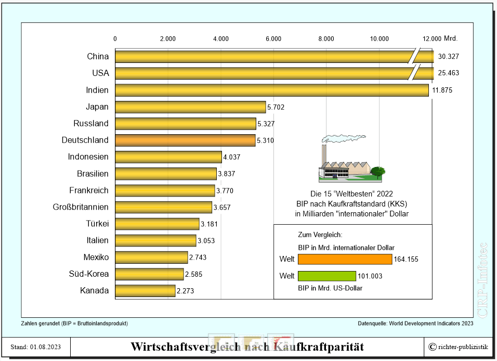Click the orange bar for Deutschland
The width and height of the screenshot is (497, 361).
185,140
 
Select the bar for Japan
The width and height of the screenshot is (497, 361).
190,107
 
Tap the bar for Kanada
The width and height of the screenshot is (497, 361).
145,290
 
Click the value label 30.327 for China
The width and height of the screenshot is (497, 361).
448,56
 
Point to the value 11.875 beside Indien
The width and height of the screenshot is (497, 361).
442,90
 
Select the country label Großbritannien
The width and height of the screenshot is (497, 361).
81,207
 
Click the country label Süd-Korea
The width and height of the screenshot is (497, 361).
89,274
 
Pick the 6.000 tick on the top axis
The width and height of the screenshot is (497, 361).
273,38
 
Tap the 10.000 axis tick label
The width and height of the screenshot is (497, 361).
379,38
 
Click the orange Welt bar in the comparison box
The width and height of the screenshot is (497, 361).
345,259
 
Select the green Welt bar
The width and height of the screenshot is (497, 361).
327,276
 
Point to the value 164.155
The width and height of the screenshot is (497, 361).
407,259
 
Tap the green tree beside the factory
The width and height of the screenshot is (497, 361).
378,171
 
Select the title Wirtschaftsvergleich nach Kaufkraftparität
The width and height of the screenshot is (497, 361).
247,346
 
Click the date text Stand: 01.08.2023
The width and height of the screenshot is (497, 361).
36,347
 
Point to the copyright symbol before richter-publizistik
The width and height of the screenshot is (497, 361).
432,347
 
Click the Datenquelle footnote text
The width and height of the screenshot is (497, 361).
415,324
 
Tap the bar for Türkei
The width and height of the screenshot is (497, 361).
157,224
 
